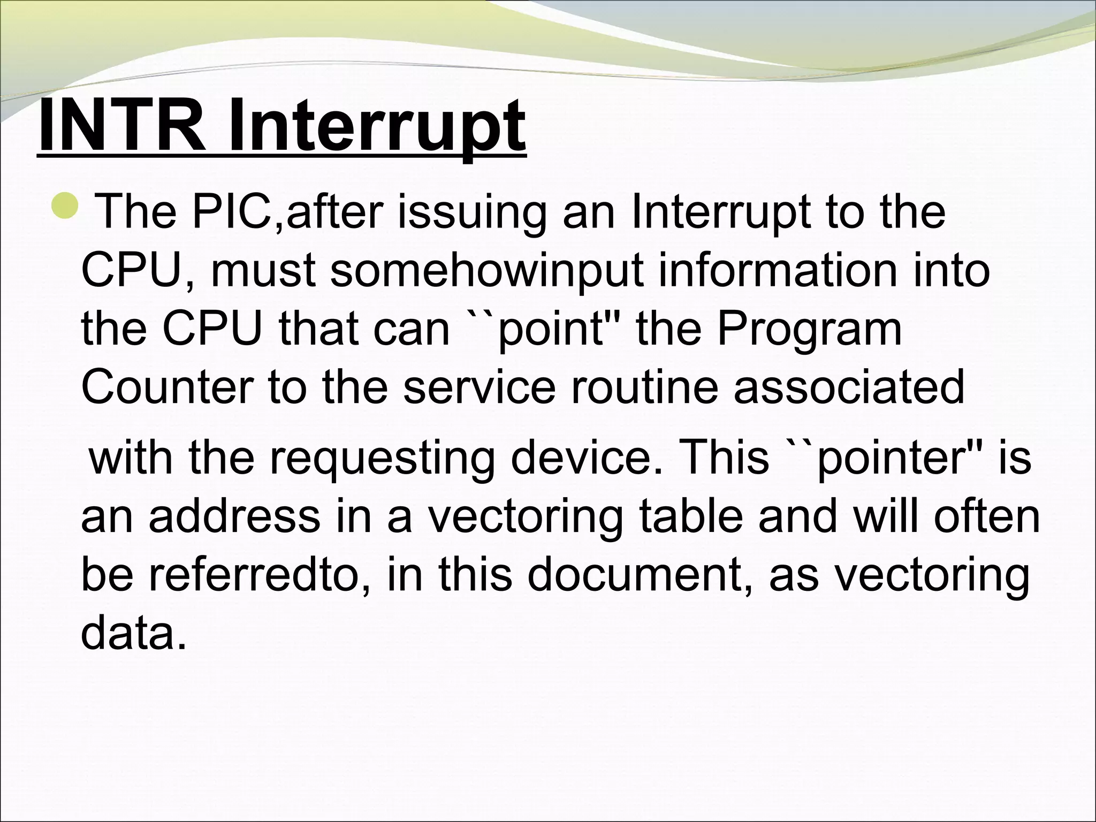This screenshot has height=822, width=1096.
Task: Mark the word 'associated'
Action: [849, 386]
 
